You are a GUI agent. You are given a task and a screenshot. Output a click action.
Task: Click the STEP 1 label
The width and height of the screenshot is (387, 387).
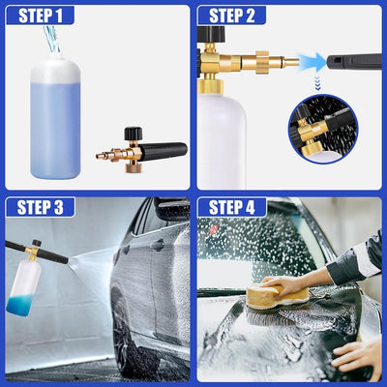click(x=41, y=15)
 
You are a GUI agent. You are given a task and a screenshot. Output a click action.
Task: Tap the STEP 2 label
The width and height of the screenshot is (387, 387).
click(x=232, y=15)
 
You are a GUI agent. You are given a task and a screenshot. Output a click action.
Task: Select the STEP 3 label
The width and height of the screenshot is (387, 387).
click(x=41, y=207)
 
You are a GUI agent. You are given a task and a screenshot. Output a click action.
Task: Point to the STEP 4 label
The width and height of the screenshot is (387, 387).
click(x=232, y=207)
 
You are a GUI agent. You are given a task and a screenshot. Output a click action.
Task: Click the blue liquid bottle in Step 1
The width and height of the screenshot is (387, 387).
click(x=55, y=116)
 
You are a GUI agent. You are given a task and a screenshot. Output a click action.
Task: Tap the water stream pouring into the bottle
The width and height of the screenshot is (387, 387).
click(x=52, y=40)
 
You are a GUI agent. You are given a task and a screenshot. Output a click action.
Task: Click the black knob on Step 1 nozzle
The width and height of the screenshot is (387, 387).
click(x=134, y=134)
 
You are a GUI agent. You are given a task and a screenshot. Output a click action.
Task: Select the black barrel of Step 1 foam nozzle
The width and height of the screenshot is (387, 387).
click(x=164, y=152)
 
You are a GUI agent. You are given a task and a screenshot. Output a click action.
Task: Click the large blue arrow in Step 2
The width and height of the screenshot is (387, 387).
click(x=313, y=62)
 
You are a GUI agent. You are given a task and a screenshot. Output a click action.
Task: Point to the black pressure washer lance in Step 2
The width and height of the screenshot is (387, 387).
click(x=354, y=63)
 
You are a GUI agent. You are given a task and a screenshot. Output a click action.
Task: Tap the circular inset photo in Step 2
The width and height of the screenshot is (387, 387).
click(x=323, y=129)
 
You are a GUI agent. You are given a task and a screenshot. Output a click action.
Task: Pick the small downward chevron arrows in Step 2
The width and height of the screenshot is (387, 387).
click(x=318, y=83)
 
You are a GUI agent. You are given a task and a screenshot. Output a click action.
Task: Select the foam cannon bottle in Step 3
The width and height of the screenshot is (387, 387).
click(x=24, y=287)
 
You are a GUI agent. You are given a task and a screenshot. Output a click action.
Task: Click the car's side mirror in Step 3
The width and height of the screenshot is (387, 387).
click(x=171, y=209)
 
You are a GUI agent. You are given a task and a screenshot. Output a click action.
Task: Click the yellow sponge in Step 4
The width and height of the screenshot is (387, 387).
click(x=278, y=296)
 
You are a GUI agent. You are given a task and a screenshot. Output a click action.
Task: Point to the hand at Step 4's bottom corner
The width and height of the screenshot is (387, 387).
click(x=357, y=358)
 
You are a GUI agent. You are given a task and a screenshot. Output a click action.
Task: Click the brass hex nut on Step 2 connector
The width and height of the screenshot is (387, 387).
click(x=262, y=62)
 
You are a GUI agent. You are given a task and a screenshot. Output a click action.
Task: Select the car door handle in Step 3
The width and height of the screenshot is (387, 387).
click(x=158, y=245)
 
